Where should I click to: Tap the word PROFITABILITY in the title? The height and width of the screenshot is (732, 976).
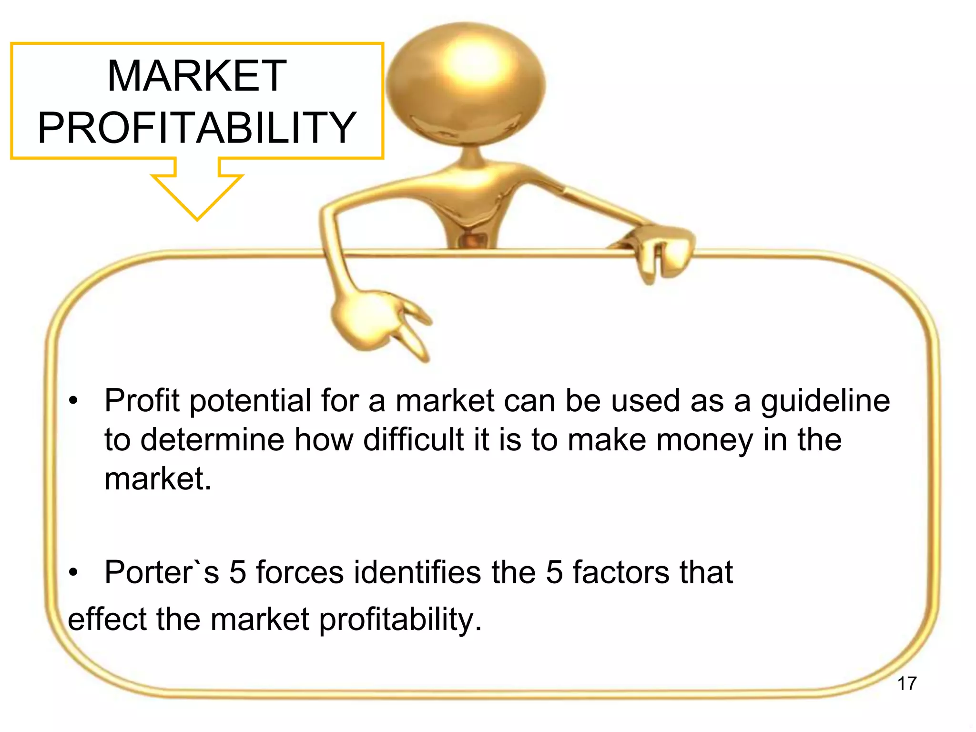(x=197, y=127)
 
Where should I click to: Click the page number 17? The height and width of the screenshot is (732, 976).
(x=906, y=683)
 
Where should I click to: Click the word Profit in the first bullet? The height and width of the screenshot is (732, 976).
(x=142, y=400)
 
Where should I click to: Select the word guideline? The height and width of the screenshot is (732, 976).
(x=825, y=400)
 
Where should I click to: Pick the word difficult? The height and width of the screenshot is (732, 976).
(x=413, y=439)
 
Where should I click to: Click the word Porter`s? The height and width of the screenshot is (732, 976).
(x=162, y=572)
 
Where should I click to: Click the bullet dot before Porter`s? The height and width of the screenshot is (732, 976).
(x=72, y=572)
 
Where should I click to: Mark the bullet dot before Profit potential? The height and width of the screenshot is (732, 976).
(x=72, y=401)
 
